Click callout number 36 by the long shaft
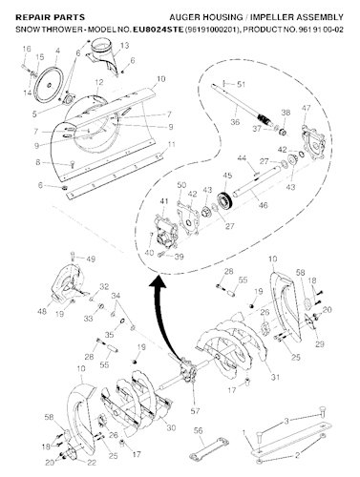235,121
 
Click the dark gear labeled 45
227,200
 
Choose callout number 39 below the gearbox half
179,256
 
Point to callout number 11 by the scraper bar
172,144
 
